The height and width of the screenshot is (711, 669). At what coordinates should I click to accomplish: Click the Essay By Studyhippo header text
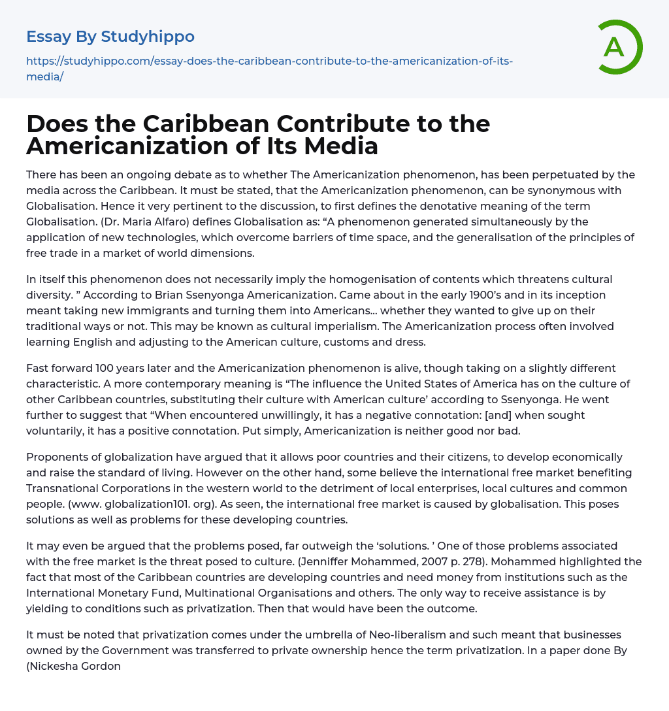(x=110, y=37)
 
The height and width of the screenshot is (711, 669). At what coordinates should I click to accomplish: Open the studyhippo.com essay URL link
(x=269, y=68)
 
